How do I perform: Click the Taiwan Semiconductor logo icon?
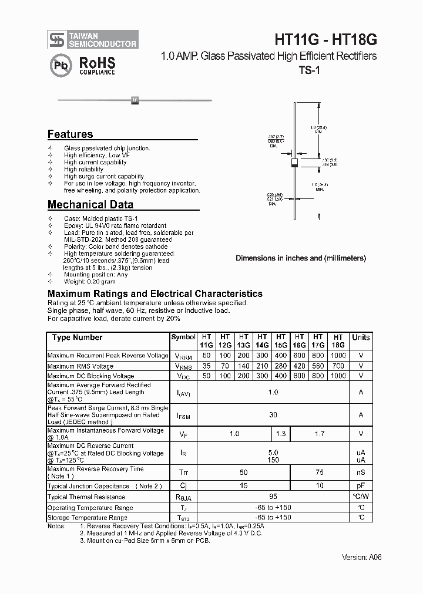coord(57,39)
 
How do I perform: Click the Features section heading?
coord(70,134)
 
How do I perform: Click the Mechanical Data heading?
coord(90,205)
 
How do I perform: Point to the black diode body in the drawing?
coord(295,162)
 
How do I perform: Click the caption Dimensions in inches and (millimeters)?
coord(301,258)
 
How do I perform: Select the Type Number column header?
coord(77,338)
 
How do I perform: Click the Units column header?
coord(361,338)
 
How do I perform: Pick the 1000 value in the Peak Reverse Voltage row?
coord(338,356)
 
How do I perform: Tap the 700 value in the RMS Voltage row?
coord(338,366)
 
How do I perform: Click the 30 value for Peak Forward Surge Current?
coord(273,414)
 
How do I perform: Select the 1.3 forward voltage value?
coord(281,434)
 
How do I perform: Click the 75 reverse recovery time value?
coord(320,472)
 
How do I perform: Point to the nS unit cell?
coord(361,472)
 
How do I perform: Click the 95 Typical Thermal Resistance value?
coord(273,497)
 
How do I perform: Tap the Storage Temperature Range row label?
coord(87,518)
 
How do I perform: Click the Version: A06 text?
coord(361,557)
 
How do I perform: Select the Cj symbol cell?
coord(183,486)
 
